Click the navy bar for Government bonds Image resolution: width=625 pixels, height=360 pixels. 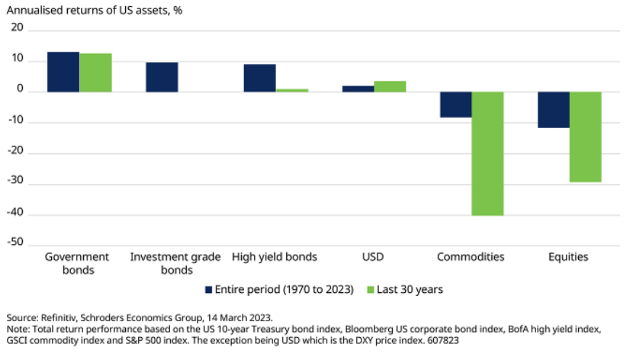63,72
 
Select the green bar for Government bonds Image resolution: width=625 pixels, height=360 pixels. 96,72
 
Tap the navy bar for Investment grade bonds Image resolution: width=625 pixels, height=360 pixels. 162,77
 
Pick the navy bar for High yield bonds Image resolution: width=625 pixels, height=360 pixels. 260,78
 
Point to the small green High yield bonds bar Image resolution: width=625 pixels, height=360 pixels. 292,90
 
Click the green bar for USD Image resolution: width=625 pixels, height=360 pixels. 390,87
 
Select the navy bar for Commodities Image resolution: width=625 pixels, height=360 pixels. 455,105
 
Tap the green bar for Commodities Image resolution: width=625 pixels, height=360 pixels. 488,154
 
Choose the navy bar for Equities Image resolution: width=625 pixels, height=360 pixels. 553,110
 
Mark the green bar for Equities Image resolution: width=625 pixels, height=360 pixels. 586,137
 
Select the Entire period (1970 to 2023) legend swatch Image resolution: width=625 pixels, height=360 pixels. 208,289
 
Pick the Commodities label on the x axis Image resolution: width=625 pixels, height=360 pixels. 471,257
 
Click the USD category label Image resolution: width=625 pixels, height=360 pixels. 373,257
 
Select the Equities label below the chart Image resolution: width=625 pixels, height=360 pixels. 568,257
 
